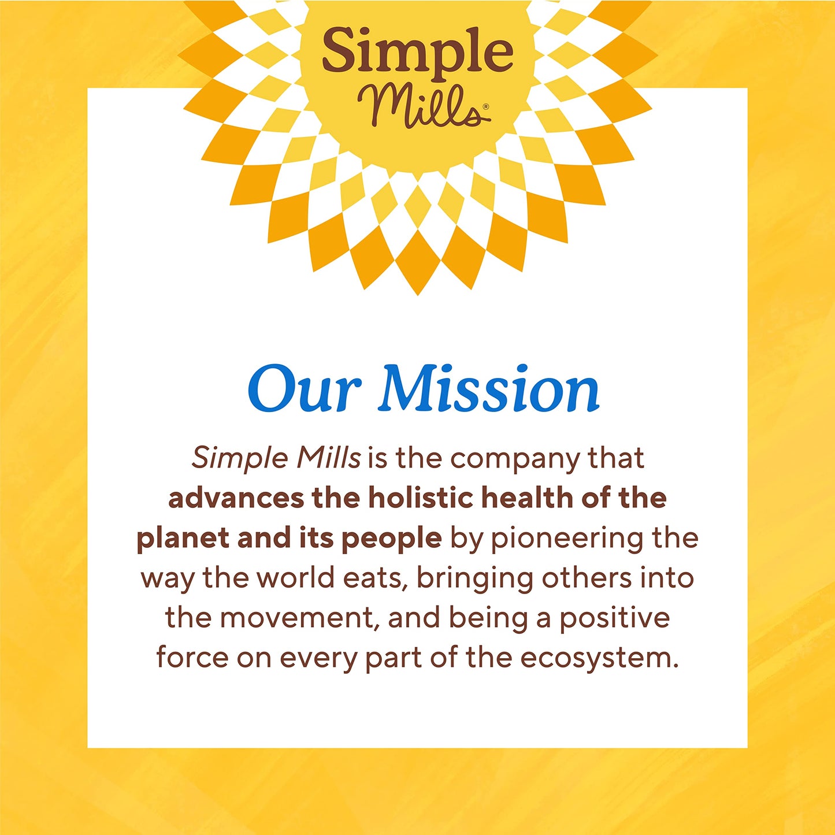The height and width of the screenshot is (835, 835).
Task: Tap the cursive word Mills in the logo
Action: click(x=419, y=107)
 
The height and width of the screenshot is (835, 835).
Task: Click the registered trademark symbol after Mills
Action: click(x=486, y=107)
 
